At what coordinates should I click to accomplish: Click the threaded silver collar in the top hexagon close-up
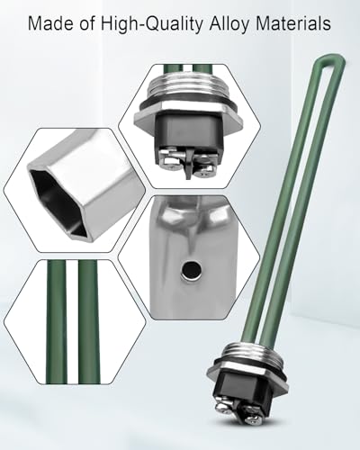coord(189,88)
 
